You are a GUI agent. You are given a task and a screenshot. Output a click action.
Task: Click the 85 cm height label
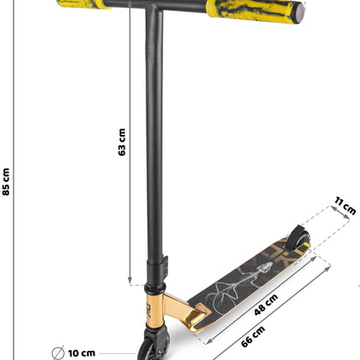coord(6,182)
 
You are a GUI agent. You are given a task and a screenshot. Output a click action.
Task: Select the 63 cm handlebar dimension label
coord(121,141)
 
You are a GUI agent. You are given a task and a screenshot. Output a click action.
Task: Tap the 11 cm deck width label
coord(345,206)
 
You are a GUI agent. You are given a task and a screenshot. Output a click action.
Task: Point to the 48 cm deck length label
coord(266,305)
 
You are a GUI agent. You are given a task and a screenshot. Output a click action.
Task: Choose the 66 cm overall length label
coord(253,337)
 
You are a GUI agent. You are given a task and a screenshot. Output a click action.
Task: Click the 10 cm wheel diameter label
coord(81,353)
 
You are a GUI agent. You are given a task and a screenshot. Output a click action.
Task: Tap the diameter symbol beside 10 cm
coord(58,353)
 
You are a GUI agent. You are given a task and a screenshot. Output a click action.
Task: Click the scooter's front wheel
coord(153,346)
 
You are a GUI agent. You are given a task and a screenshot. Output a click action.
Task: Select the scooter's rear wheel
coord(299,237)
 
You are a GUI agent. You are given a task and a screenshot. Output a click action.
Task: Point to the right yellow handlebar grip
coord(253,11)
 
